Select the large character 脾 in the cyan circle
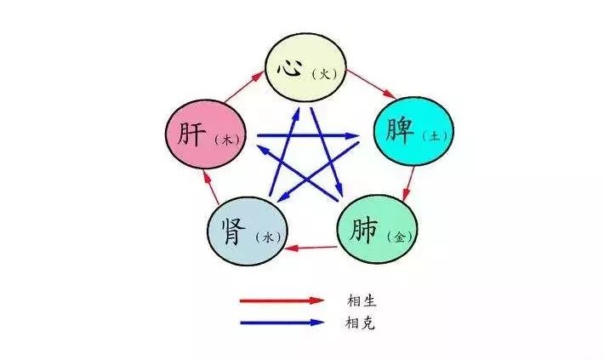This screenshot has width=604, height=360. pyautogui.click(x=395, y=129)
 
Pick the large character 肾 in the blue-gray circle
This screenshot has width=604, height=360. pyautogui.click(x=231, y=231)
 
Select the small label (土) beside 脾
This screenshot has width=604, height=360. pyautogui.click(x=426, y=134)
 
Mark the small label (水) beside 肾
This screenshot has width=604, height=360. pyautogui.click(x=265, y=236)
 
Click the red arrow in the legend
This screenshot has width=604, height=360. pyautogui.click(x=282, y=300)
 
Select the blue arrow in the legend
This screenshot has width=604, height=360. pyautogui.click(x=282, y=322)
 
